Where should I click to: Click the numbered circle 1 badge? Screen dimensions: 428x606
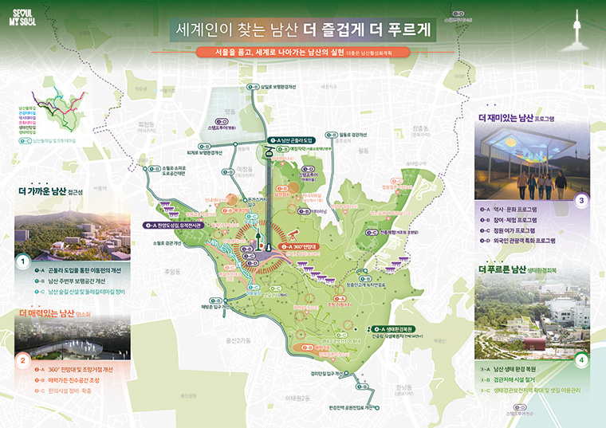click(x=24, y=261)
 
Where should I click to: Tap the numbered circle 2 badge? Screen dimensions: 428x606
click(x=24, y=359)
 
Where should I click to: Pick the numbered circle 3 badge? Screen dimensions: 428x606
click(x=582, y=200)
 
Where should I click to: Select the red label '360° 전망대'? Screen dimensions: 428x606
click(x=303, y=247)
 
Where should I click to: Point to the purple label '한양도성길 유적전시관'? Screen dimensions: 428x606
click(x=178, y=226)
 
